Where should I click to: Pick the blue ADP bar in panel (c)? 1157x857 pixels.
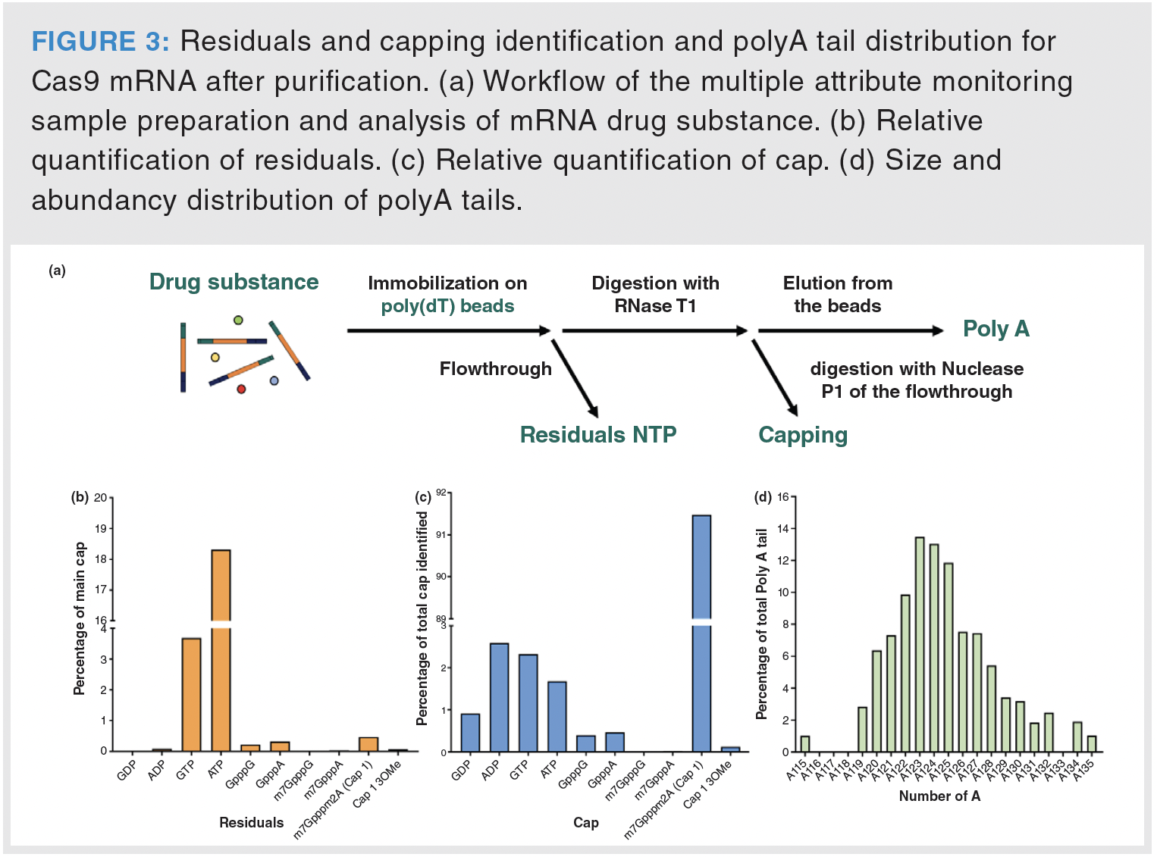click(499, 697)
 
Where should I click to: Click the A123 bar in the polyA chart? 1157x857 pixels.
click(920, 644)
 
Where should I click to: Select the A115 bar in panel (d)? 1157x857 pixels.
click(805, 744)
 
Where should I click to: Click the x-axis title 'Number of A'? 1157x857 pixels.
click(939, 796)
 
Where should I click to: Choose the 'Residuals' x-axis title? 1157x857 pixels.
click(251, 822)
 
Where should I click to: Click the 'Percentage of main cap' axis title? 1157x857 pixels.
click(80, 618)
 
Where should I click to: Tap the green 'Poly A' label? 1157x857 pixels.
click(996, 329)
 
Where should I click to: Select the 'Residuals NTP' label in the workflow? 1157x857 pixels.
click(597, 435)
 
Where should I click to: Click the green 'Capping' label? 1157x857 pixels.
click(803, 435)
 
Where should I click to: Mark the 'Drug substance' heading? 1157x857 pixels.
click(234, 282)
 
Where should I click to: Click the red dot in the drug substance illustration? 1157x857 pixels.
click(241, 389)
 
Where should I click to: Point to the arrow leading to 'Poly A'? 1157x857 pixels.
click(849, 330)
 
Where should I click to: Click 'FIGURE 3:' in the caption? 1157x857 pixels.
click(100, 42)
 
